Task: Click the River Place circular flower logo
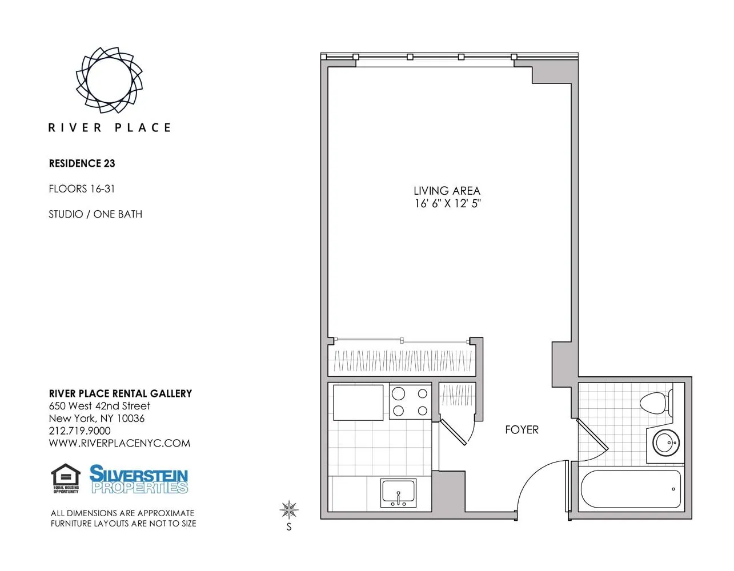point(109,79)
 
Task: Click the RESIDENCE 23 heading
point(82,163)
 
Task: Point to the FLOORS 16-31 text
point(82,188)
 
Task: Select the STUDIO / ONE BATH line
point(95,214)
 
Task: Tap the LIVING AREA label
point(447,191)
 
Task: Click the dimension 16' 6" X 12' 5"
point(447,204)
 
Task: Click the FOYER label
point(522,430)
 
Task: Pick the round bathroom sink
point(665,442)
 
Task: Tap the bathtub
point(631,489)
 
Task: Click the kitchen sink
point(398,493)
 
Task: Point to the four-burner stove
point(410,402)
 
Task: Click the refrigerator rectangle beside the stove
point(358,402)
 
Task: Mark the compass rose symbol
point(289,509)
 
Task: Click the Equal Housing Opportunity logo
point(66,478)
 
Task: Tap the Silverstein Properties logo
point(139,479)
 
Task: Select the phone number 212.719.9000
point(79,431)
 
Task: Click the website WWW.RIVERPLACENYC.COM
point(119,444)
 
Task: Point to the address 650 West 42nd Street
point(99,406)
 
